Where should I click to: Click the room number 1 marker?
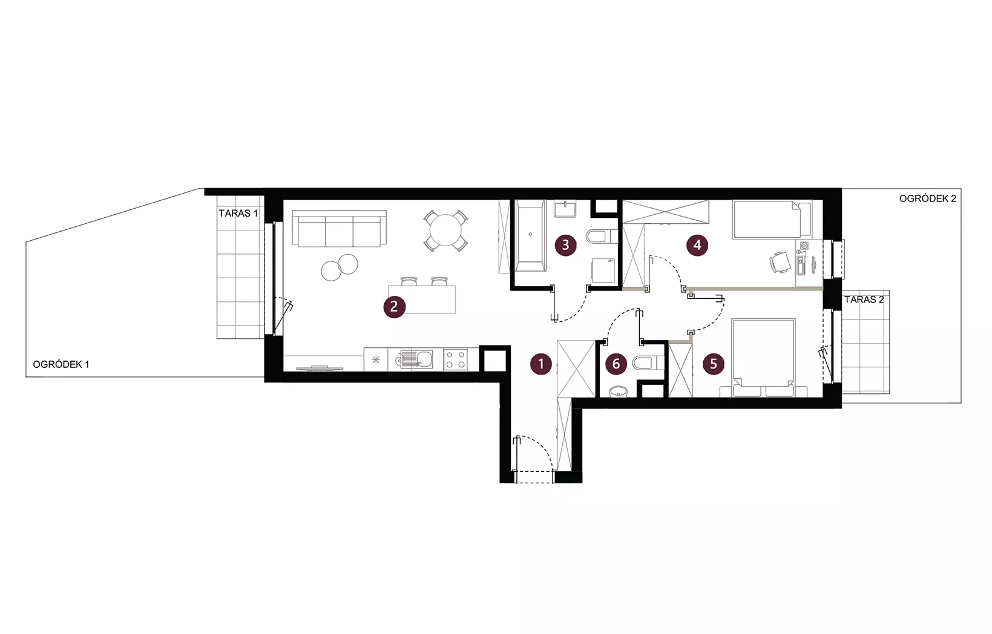point(540,364)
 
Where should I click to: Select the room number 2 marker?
point(394,307)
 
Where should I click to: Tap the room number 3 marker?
point(565,245)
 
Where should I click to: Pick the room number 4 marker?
point(697,245)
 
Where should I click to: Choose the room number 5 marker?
point(714,364)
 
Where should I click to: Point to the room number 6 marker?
point(616,364)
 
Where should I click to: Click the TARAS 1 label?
point(238,214)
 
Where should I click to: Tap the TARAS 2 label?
point(864,299)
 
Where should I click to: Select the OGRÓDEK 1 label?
point(61,364)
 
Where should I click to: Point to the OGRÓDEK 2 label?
point(927,199)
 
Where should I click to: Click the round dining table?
point(445,230)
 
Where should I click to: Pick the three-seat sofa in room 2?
point(339,229)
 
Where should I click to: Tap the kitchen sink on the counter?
point(416,359)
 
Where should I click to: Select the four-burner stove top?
point(456,359)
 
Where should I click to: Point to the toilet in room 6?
point(648,363)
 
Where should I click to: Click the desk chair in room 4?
point(780,262)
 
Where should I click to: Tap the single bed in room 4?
point(772,220)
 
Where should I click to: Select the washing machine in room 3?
point(603,270)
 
